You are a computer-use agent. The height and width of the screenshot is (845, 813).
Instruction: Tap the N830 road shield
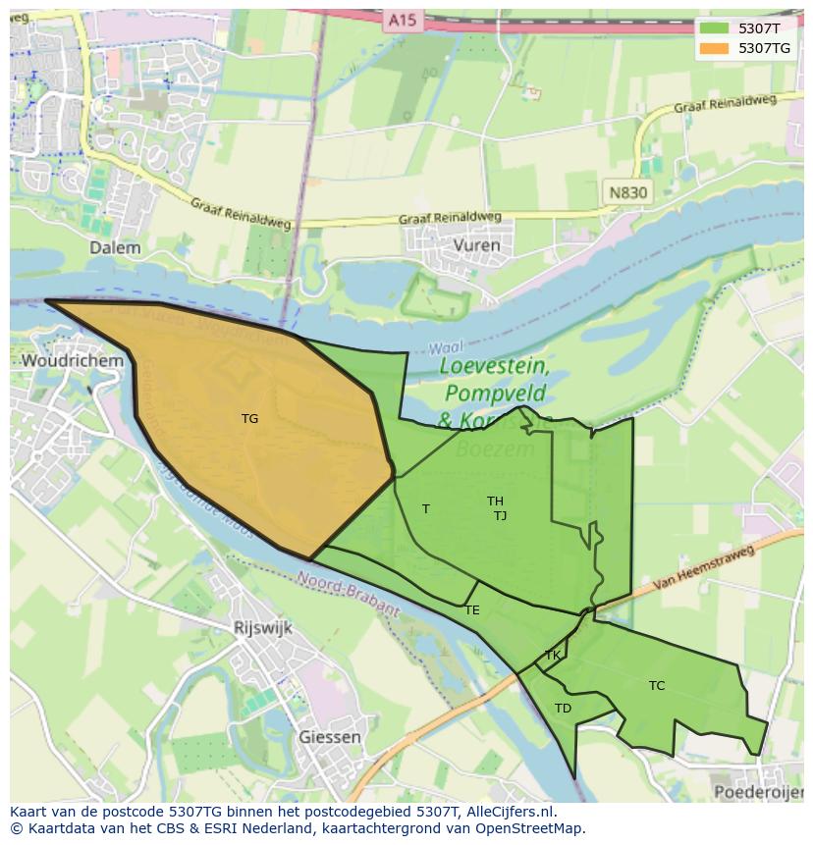coord(627,192)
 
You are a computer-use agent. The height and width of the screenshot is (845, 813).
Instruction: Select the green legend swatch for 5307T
coord(714,28)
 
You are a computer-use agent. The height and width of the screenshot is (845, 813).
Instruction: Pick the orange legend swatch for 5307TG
coord(714,48)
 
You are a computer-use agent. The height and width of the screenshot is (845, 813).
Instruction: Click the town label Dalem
coord(115,248)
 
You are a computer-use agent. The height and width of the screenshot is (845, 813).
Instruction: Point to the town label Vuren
coord(477,245)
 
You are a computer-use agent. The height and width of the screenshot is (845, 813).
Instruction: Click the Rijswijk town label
coord(262,629)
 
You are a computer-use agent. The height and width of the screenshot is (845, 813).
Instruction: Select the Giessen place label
coord(329,737)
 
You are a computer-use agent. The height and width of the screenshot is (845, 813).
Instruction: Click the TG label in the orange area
coord(249,419)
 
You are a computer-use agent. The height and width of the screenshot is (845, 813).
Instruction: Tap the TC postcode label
coord(657,686)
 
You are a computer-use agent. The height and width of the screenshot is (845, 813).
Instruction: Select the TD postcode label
coord(563,709)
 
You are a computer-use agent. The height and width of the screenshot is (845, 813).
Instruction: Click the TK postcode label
coord(553,656)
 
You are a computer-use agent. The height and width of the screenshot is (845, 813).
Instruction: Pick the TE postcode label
coord(472,610)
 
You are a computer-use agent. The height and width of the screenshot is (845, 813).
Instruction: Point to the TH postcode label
coord(495,502)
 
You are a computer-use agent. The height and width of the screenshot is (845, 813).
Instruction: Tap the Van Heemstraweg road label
coord(704,569)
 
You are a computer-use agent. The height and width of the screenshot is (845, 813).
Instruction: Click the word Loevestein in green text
coord(494,367)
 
